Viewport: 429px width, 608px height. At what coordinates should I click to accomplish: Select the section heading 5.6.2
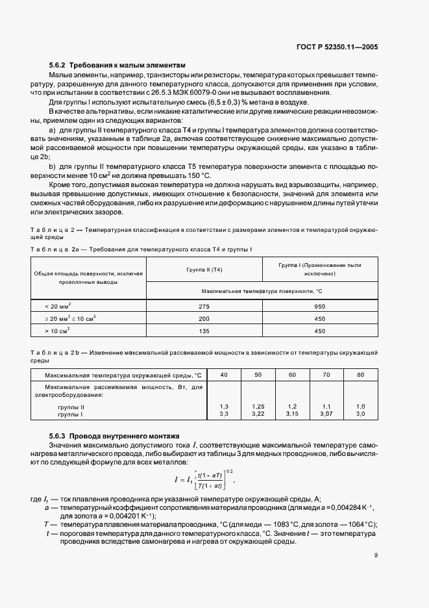tap(117, 66)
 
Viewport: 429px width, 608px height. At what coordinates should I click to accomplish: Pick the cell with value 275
tap(204, 306)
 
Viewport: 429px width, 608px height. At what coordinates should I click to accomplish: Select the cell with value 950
tap(319, 306)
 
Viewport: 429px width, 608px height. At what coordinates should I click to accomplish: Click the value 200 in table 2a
tap(204, 318)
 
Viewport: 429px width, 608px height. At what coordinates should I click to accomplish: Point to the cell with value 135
tap(204, 331)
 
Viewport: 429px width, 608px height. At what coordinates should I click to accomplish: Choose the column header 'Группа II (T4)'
tap(204, 269)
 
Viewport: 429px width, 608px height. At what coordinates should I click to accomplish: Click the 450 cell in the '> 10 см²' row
tap(319, 331)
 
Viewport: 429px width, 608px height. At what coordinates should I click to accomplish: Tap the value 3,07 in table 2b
tap(326, 413)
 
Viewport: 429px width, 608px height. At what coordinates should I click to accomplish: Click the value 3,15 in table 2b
tap(292, 413)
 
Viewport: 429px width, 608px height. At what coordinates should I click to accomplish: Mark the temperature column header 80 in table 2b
tap(361, 375)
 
